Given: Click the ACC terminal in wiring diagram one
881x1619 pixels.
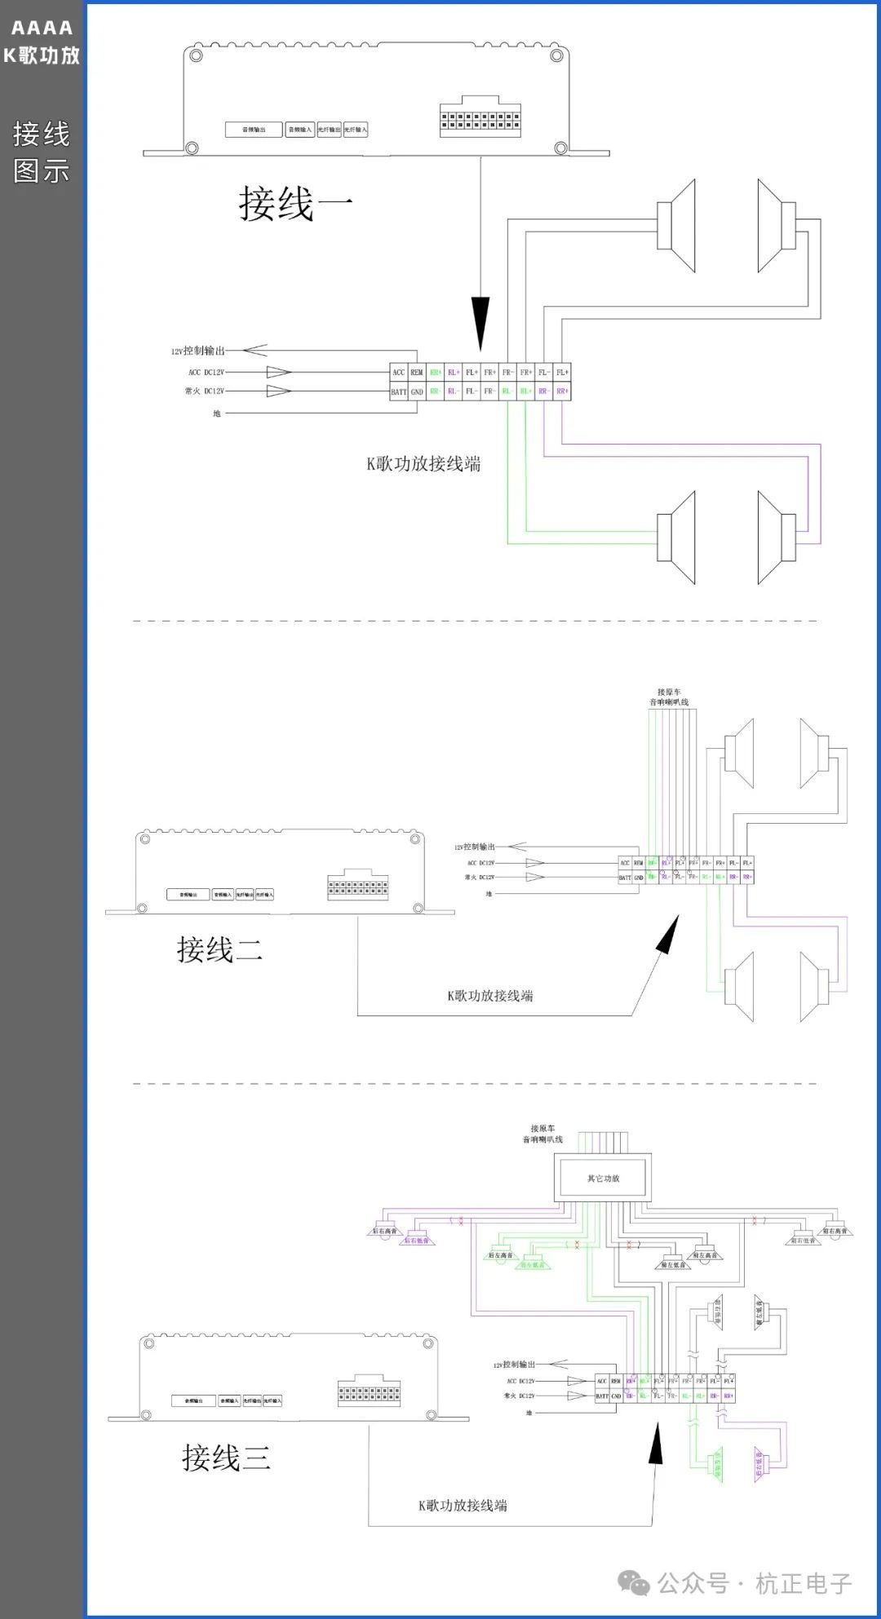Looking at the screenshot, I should (x=398, y=372).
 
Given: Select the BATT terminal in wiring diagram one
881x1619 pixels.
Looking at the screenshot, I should (x=398, y=391).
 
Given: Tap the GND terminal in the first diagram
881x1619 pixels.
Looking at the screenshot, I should (x=417, y=391).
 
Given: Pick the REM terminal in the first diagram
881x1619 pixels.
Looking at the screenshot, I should (x=417, y=372).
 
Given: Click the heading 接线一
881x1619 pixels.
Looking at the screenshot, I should (x=295, y=204).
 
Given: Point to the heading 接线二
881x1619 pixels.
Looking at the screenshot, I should (x=219, y=949).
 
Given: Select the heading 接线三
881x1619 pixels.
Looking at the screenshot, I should (x=226, y=1458).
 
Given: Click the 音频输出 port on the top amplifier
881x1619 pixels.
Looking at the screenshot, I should (x=254, y=130).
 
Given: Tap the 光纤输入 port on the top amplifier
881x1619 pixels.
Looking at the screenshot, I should (x=356, y=130).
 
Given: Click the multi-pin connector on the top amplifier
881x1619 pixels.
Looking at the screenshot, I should (x=480, y=120).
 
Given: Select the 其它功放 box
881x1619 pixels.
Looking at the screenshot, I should (x=603, y=1178).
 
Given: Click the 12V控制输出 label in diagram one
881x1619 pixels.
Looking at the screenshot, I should (x=197, y=351).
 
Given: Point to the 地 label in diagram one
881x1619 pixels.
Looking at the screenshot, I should (x=217, y=414).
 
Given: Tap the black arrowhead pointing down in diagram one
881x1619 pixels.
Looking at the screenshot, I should (x=480, y=323).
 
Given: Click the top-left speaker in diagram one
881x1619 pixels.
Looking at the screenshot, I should (x=677, y=226).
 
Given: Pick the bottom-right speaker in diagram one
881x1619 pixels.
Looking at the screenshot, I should (x=776, y=537).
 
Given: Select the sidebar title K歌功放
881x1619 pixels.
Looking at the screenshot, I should (x=42, y=55).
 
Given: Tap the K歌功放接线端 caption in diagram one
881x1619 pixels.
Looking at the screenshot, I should (x=423, y=464).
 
